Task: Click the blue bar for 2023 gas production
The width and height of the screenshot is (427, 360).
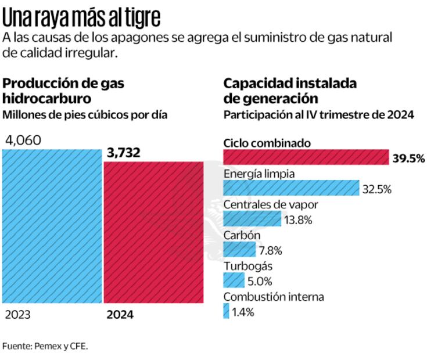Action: coord(52,226)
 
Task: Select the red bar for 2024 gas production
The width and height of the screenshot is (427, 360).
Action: coord(153,232)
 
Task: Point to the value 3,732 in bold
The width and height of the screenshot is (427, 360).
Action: coord(124,153)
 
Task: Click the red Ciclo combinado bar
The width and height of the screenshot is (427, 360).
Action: coord(306,157)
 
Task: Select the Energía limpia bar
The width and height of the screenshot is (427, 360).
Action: coord(291,188)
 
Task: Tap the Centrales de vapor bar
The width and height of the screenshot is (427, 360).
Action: coord(252,219)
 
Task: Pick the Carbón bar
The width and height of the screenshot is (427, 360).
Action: coord(239,250)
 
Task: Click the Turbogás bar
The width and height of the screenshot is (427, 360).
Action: coord(234,280)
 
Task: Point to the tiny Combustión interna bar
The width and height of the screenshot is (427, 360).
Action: coord(226,311)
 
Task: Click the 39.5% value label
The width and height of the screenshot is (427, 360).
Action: coord(408,158)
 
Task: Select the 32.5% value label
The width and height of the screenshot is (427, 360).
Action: coord(378,189)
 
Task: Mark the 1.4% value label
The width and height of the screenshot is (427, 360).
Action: coord(243,312)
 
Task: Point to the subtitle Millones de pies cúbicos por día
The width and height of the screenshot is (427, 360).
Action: coord(85,114)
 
